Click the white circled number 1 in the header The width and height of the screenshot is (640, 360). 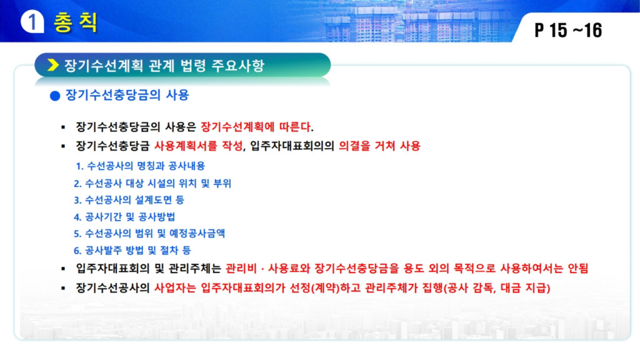[x=32, y=22]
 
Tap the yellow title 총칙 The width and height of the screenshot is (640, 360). [x=76, y=22]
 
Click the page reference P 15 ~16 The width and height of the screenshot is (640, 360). [x=568, y=30]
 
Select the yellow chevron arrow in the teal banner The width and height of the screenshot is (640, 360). [x=53, y=65]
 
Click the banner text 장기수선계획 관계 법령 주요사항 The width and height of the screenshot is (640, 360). [x=164, y=65]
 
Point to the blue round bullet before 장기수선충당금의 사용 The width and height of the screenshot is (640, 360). [x=55, y=96]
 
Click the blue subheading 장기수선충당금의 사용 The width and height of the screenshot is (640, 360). [x=127, y=95]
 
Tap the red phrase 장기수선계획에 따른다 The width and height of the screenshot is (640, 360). [x=257, y=127]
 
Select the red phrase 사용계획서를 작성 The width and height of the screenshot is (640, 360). [x=198, y=146]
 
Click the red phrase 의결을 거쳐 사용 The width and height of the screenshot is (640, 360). [x=379, y=146]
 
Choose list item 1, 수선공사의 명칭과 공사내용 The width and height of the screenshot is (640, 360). [x=141, y=166]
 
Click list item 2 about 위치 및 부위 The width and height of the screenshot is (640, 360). [x=152, y=183]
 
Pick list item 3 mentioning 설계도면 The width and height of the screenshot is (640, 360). [x=129, y=200]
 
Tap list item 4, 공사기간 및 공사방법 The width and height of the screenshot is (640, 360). [x=124, y=217]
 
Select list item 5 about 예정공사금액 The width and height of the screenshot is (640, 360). [x=149, y=234]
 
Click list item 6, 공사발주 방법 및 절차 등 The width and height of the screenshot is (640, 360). [x=132, y=250]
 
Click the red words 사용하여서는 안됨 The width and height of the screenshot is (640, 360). [x=544, y=269]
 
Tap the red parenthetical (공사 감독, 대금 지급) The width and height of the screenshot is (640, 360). [x=497, y=288]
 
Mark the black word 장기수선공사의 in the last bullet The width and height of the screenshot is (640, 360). [x=113, y=288]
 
